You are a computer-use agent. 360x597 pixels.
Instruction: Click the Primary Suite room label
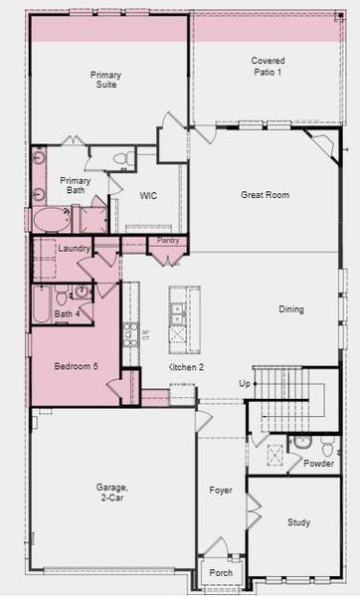click(x=105, y=80)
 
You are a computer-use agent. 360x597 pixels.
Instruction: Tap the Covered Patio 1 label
click(x=268, y=67)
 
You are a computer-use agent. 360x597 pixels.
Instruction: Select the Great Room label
click(x=265, y=195)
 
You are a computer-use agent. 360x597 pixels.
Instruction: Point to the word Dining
click(x=291, y=309)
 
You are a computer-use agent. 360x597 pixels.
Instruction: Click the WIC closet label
click(x=149, y=196)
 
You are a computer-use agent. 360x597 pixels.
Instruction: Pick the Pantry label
click(x=168, y=241)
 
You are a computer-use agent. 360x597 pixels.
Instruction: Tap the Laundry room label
click(x=75, y=248)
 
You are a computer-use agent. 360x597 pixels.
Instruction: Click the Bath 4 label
click(x=66, y=314)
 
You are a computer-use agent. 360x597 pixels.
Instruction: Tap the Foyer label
click(x=220, y=491)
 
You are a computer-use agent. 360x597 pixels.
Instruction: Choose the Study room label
click(x=298, y=522)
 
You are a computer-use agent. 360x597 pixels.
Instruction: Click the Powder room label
click(x=318, y=463)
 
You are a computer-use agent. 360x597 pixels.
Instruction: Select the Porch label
click(x=220, y=572)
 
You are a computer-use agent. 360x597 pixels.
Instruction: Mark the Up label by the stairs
click(x=244, y=383)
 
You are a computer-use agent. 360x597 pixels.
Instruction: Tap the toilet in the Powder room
click(x=302, y=442)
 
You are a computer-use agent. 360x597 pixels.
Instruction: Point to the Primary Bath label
click(x=76, y=186)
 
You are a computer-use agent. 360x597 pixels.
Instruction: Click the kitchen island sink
click(x=178, y=308)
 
